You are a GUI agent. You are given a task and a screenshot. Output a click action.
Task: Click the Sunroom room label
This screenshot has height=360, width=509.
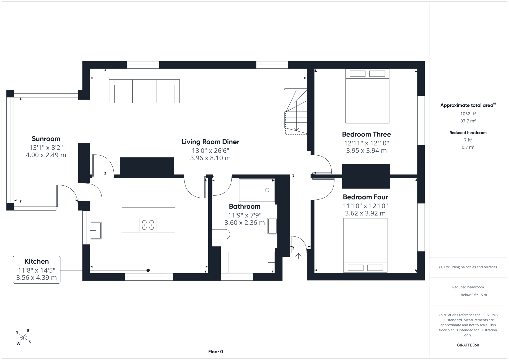tap(46, 139)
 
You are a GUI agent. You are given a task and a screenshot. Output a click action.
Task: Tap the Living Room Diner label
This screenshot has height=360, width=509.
tap(210, 142)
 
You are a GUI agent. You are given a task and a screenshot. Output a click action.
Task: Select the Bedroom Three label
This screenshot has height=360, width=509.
tap(367, 134)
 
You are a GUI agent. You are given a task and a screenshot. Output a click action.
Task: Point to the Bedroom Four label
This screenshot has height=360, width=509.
tap(365, 197)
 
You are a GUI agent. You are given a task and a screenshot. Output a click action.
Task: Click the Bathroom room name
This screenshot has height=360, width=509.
tap(245, 206)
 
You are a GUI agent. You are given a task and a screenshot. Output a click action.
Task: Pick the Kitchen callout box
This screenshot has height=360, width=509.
tap(37, 270)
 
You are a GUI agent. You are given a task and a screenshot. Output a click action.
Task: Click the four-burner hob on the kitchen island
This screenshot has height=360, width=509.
tap(148, 225)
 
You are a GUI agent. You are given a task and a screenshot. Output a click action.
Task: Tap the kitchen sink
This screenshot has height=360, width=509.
tap(96, 230)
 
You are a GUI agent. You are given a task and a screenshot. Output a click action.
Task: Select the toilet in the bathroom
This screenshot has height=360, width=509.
tap(221, 234)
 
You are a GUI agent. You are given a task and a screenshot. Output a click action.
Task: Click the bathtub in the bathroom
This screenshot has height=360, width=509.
tap(251, 262)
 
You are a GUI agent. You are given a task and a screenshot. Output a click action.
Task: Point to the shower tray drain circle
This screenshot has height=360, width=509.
tap(267, 190)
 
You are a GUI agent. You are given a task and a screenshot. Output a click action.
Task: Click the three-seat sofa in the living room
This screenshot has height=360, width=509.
tap(144, 91)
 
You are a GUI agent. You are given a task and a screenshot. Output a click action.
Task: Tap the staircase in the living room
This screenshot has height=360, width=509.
tap(296, 111)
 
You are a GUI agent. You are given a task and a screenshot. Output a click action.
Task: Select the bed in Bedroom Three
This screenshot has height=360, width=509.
tap(367, 96)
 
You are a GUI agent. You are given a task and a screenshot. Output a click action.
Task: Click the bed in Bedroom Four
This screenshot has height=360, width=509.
tap(365, 245)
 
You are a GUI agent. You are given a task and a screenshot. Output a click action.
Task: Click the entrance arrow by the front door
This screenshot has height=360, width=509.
tap(298, 256)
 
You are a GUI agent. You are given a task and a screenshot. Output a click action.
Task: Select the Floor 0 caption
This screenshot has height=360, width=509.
tap(216, 352)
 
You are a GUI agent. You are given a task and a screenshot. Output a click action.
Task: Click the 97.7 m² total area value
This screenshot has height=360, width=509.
tap(468, 121)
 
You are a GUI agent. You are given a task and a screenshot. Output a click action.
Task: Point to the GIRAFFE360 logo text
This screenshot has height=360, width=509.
tap(468, 345)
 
